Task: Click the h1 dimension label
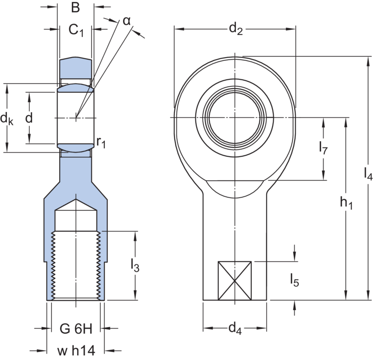coord(346,203)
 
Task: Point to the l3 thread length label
coord(136,266)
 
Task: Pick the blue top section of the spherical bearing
coord(76,69)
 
